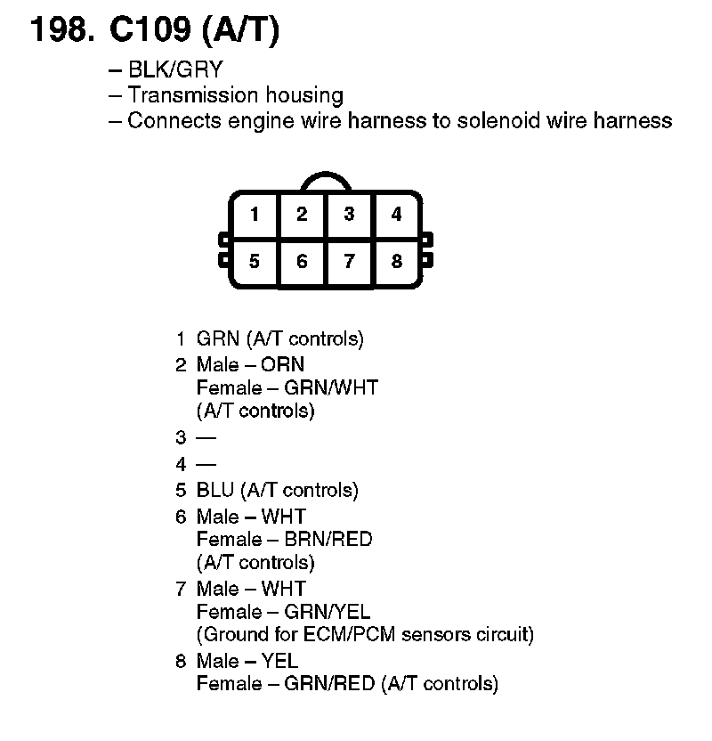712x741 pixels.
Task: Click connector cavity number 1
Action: [x=255, y=215]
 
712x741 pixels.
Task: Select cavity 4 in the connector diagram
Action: [x=396, y=215]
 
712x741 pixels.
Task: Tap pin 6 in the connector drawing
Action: [x=303, y=262]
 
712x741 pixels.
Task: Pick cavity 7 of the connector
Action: [x=350, y=262]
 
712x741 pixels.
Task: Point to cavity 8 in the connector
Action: [x=396, y=262]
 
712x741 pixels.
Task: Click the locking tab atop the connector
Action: [x=326, y=181]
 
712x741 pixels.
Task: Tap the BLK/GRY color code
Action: [x=174, y=69]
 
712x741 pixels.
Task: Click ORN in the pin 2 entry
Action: [x=282, y=364]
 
